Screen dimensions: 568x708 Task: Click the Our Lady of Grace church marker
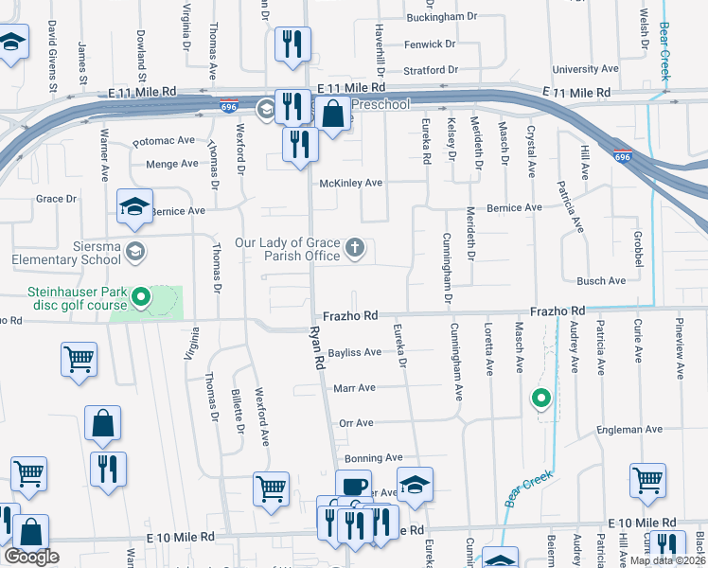(355, 249)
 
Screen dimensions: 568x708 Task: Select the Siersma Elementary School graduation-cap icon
(135, 251)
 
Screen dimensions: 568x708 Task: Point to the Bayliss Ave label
(355, 352)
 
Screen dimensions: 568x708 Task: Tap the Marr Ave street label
(354, 388)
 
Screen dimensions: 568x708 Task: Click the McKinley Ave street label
(350, 183)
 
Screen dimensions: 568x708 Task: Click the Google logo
(31, 557)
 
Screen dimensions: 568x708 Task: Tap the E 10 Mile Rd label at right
(644, 524)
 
